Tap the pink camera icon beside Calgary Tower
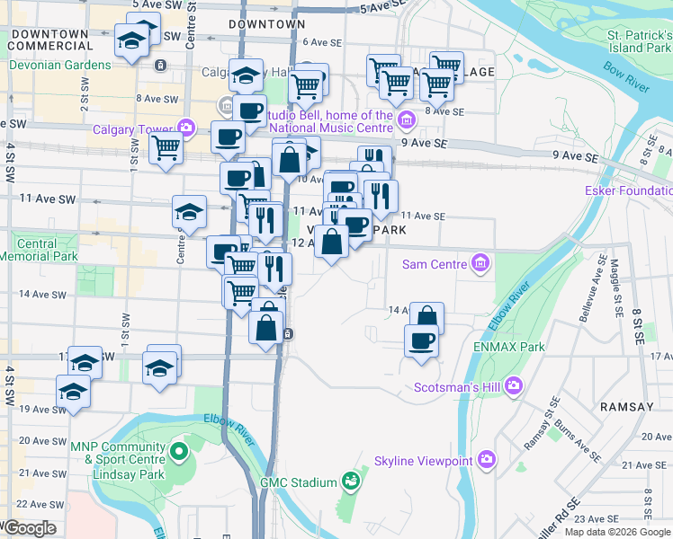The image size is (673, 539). point(187,128)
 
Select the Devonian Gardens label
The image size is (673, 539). point(59,66)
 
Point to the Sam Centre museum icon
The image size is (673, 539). point(480,263)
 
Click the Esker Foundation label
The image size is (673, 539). point(628,191)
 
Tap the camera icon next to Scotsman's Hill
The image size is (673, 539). point(514,386)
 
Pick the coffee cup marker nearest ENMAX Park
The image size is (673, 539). point(420,341)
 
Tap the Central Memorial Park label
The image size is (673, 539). point(36,250)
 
